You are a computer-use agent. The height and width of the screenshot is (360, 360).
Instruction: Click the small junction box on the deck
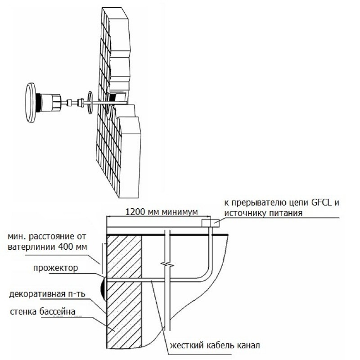[x=208, y=223]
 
